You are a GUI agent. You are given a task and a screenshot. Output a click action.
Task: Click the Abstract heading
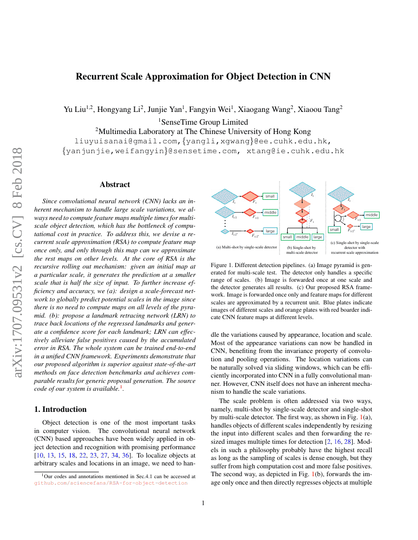click(x=115, y=185)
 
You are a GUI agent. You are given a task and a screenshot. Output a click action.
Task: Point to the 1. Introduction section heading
click(x=62, y=409)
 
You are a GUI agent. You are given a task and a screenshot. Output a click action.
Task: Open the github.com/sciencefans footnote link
click(x=111, y=483)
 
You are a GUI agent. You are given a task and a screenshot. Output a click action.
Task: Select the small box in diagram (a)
click(x=270, y=196)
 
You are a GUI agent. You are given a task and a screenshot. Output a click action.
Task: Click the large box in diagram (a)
click(x=270, y=230)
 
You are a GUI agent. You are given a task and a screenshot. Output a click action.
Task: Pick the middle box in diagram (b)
click(x=302, y=237)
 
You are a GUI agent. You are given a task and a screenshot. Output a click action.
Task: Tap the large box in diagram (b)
click(x=318, y=237)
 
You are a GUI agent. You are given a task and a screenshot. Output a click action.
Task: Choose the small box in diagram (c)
click(x=334, y=229)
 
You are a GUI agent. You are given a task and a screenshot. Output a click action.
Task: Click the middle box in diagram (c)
click(x=372, y=215)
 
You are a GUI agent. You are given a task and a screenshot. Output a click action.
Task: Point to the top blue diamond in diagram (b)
click(x=302, y=190)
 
